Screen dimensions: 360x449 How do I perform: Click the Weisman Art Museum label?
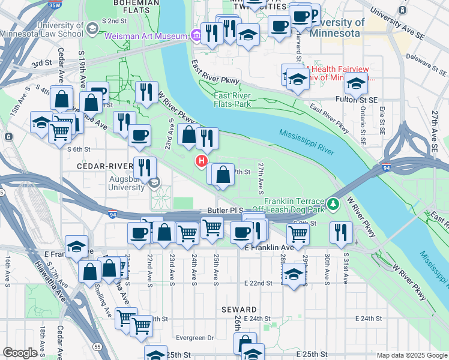pyautogui.click(x=146, y=37)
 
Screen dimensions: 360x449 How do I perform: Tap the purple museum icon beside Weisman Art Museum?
pyautogui.click(x=195, y=36)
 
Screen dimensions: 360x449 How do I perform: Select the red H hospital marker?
pyautogui.click(x=202, y=161)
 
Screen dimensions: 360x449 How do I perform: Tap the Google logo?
pyautogui.click(x=20, y=353)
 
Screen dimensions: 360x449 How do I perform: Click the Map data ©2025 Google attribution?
pyautogui.click(x=411, y=355)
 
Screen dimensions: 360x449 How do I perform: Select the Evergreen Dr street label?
pyautogui.click(x=194, y=338)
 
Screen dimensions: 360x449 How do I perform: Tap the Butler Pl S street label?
pyautogui.click(x=224, y=211)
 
